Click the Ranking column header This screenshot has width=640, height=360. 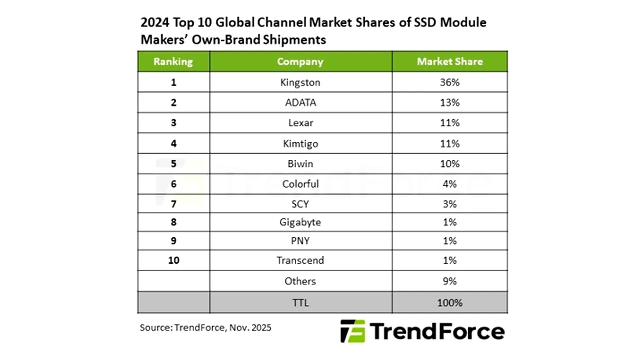coord(173,62)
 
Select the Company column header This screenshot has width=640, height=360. coord(300,62)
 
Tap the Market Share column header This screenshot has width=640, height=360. coord(450,62)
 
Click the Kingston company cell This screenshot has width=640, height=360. coord(300,82)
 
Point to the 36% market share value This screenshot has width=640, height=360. coord(450,82)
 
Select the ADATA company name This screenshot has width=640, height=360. coord(300,103)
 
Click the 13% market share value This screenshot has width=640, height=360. coord(450,103)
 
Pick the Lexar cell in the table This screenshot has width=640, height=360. coord(300,123)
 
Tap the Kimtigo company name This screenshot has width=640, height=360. coord(300,144)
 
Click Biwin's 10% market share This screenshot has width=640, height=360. coord(450,164)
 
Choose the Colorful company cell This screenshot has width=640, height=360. coord(300,184)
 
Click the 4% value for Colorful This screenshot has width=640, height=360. coord(450,184)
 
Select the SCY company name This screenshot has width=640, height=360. coord(300,204)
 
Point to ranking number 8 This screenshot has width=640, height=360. coord(173,222)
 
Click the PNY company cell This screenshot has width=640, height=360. coord(300,241)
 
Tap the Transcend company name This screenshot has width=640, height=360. coord(300,260)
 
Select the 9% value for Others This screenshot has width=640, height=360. coord(450,281)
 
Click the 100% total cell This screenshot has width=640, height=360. coord(450,303)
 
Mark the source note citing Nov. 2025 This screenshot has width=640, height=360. coord(205,328)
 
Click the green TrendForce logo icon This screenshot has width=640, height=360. coord(353,331)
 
